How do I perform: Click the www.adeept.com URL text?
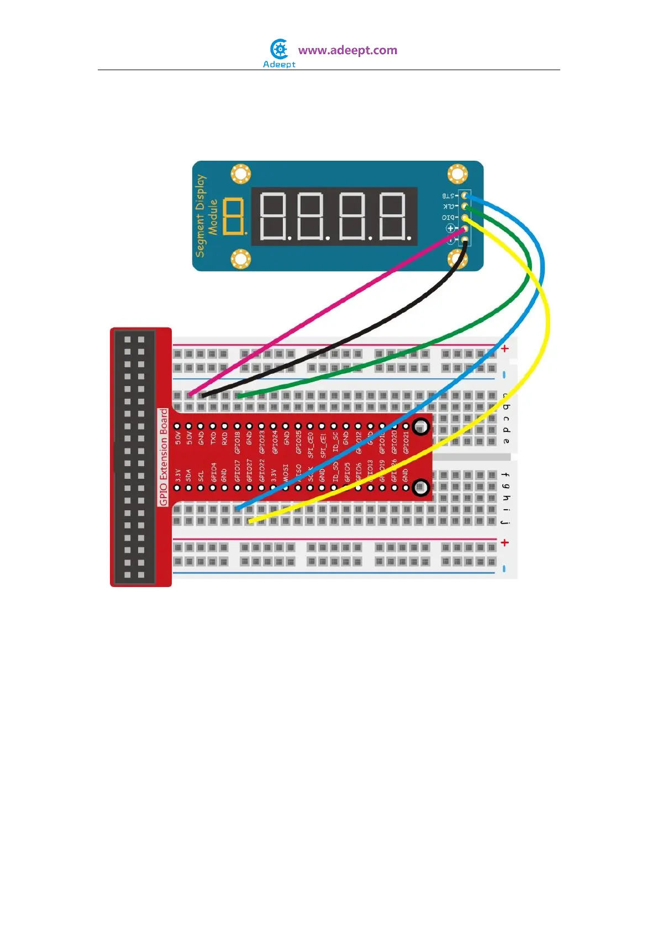click(x=348, y=50)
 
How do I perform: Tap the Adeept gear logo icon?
click(x=280, y=49)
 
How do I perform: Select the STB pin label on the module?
click(x=448, y=195)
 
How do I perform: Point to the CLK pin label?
click(x=448, y=207)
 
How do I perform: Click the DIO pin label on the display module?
click(x=448, y=218)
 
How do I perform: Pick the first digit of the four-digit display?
click(x=273, y=216)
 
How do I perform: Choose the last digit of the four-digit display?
click(x=394, y=216)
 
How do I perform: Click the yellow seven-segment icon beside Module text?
click(x=235, y=216)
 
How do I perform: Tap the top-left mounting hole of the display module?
click(x=241, y=174)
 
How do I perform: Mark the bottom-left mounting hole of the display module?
click(x=241, y=258)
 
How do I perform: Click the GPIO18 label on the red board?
click(x=238, y=442)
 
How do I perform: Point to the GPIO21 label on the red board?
click(x=407, y=442)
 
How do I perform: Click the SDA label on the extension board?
click(x=189, y=475)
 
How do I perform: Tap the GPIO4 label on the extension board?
click(x=213, y=472)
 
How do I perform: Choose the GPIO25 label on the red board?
click(x=298, y=442)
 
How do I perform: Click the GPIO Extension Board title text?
click(x=164, y=457)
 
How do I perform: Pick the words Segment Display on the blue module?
click(x=200, y=216)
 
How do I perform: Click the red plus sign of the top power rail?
click(x=504, y=348)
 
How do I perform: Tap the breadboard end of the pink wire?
click(x=189, y=394)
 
